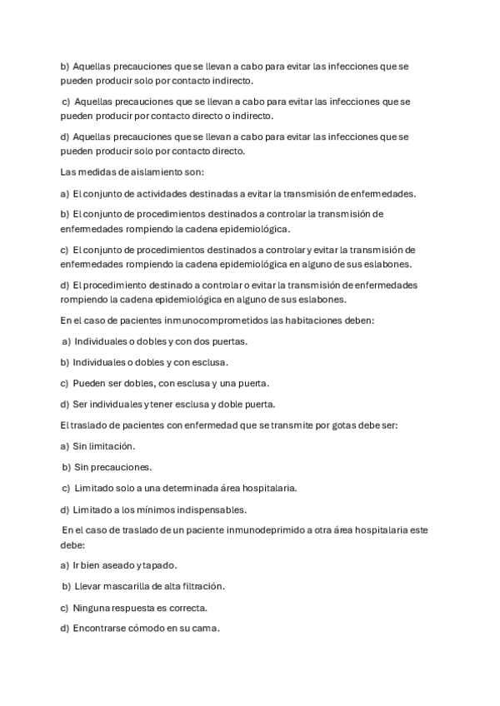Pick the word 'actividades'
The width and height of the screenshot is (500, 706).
point(147,194)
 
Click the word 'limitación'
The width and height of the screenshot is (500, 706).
point(111,446)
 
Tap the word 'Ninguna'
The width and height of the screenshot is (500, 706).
point(92,607)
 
